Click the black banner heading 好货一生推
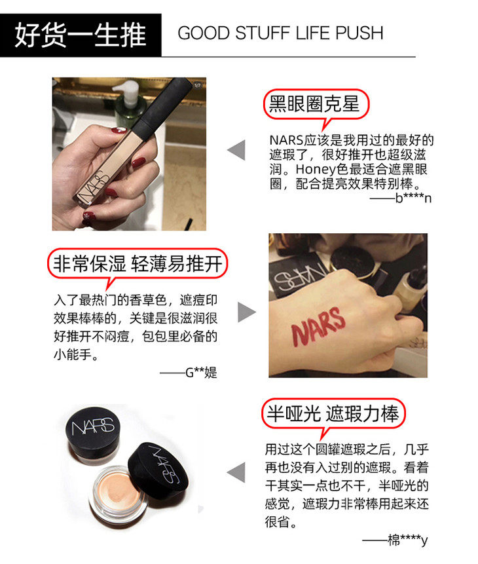[x=81, y=35]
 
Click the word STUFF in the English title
[x=263, y=33]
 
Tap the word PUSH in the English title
[x=359, y=33]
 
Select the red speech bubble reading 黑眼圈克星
[x=316, y=107]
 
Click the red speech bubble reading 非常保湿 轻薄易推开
[x=138, y=265]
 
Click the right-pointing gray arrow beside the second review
[x=247, y=312]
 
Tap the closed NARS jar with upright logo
[x=93, y=436]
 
